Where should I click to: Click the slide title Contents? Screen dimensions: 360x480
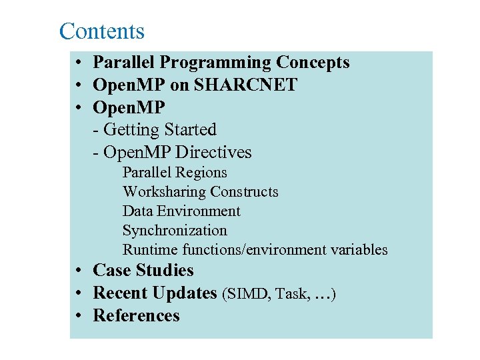point(101,31)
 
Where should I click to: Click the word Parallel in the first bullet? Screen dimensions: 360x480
point(125,63)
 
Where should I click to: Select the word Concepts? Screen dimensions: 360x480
point(313,63)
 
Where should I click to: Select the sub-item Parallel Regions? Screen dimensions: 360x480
point(175,173)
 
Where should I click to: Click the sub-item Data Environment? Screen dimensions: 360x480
point(181,211)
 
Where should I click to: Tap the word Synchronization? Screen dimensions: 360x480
point(175,231)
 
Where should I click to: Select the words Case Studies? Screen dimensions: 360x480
point(143,270)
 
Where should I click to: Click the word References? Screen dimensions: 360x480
point(137,315)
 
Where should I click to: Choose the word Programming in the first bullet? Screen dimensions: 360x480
point(216,63)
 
